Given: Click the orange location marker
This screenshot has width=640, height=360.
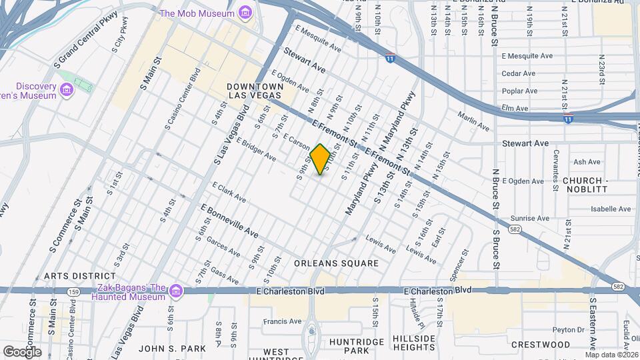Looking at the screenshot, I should [320, 159].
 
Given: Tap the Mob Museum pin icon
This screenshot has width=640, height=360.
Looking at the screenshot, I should [245, 13].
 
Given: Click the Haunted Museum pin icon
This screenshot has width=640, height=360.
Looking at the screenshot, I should [175, 291].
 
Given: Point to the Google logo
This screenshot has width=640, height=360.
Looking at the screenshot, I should [22, 351].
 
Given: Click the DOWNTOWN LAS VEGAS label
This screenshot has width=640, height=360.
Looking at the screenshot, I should [255, 91].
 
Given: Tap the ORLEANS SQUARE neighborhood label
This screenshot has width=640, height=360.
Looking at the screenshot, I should [336, 263].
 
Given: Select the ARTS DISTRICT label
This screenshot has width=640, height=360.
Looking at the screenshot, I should [80, 276].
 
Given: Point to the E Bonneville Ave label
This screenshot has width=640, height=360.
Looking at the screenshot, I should [229, 221].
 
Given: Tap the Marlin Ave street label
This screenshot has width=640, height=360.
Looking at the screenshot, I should [473, 120].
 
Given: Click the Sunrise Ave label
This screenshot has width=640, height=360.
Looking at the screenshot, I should [529, 218].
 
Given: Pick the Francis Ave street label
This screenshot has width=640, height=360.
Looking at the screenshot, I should [282, 321].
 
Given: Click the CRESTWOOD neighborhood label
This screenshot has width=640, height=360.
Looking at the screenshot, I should [541, 345].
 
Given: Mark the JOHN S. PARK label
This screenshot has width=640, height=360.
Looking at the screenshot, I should [163, 348].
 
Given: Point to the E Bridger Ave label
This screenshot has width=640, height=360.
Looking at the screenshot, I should [256, 150].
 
